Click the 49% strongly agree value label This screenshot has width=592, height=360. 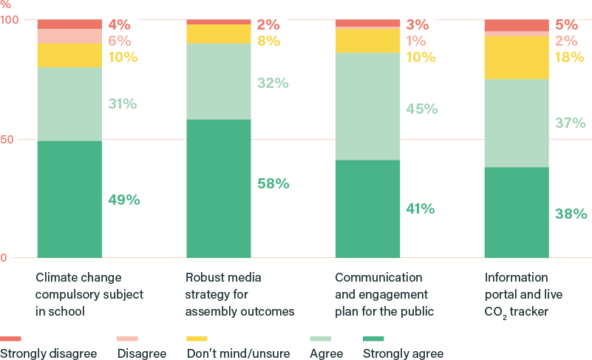pyautogui.click(x=123, y=200)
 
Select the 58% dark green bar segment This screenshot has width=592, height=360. pyautogui.click(x=219, y=189)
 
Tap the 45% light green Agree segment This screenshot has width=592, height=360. pyautogui.click(x=368, y=106)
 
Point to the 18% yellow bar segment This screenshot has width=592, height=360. pyautogui.click(x=517, y=58)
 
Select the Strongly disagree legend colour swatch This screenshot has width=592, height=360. pyautogui.click(x=10, y=339)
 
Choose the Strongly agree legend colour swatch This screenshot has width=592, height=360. pyautogui.click(x=374, y=339)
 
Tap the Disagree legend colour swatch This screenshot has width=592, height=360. pyautogui.click(x=128, y=339)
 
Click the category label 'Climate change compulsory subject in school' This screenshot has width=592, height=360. pyautogui.click(x=89, y=294)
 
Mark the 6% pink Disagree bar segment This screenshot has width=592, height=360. pyautogui.click(x=69, y=36)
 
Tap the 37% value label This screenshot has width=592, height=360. pyautogui.click(x=571, y=123)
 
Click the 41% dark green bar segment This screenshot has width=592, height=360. pyautogui.click(x=368, y=208)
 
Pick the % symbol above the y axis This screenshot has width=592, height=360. pyautogui.click(x=7, y=4)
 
